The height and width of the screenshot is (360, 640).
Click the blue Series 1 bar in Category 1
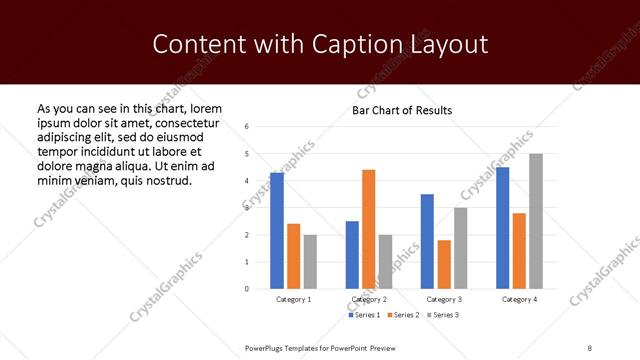[x=277, y=231]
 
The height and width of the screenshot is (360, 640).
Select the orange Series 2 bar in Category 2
[x=368, y=229]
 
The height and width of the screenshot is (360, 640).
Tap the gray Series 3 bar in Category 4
[x=536, y=221]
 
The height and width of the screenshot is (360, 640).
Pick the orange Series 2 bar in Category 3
[x=444, y=264]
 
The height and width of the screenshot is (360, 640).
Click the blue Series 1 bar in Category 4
[x=502, y=228]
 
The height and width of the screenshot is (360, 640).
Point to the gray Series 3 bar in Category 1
[x=310, y=262]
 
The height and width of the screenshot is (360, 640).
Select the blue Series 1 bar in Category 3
[x=427, y=241]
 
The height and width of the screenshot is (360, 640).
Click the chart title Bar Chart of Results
[x=402, y=110]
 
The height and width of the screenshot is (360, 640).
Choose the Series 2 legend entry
[x=402, y=316]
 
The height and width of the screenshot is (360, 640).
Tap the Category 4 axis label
[x=519, y=299]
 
